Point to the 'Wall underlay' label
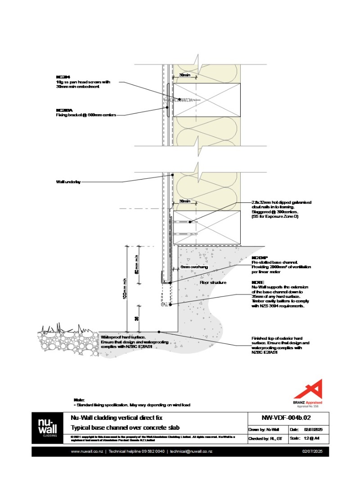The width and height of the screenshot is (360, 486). (68, 182)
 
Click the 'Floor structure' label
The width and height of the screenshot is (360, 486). (213, 283)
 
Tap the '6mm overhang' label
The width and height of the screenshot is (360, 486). (194, 267)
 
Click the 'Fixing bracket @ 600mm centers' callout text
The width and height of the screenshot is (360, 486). (85, 115)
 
